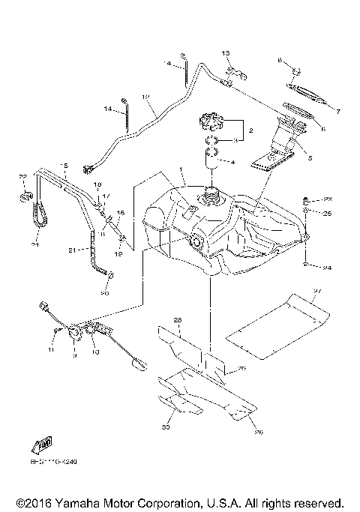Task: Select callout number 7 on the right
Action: [338, 112]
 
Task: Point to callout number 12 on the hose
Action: [145, 97]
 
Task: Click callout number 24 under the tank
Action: [328, 267]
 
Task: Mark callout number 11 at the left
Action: [53, 350]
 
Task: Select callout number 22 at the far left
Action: [22, 177]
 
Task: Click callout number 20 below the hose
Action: [104, 293]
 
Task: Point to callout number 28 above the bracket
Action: [178, 320]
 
